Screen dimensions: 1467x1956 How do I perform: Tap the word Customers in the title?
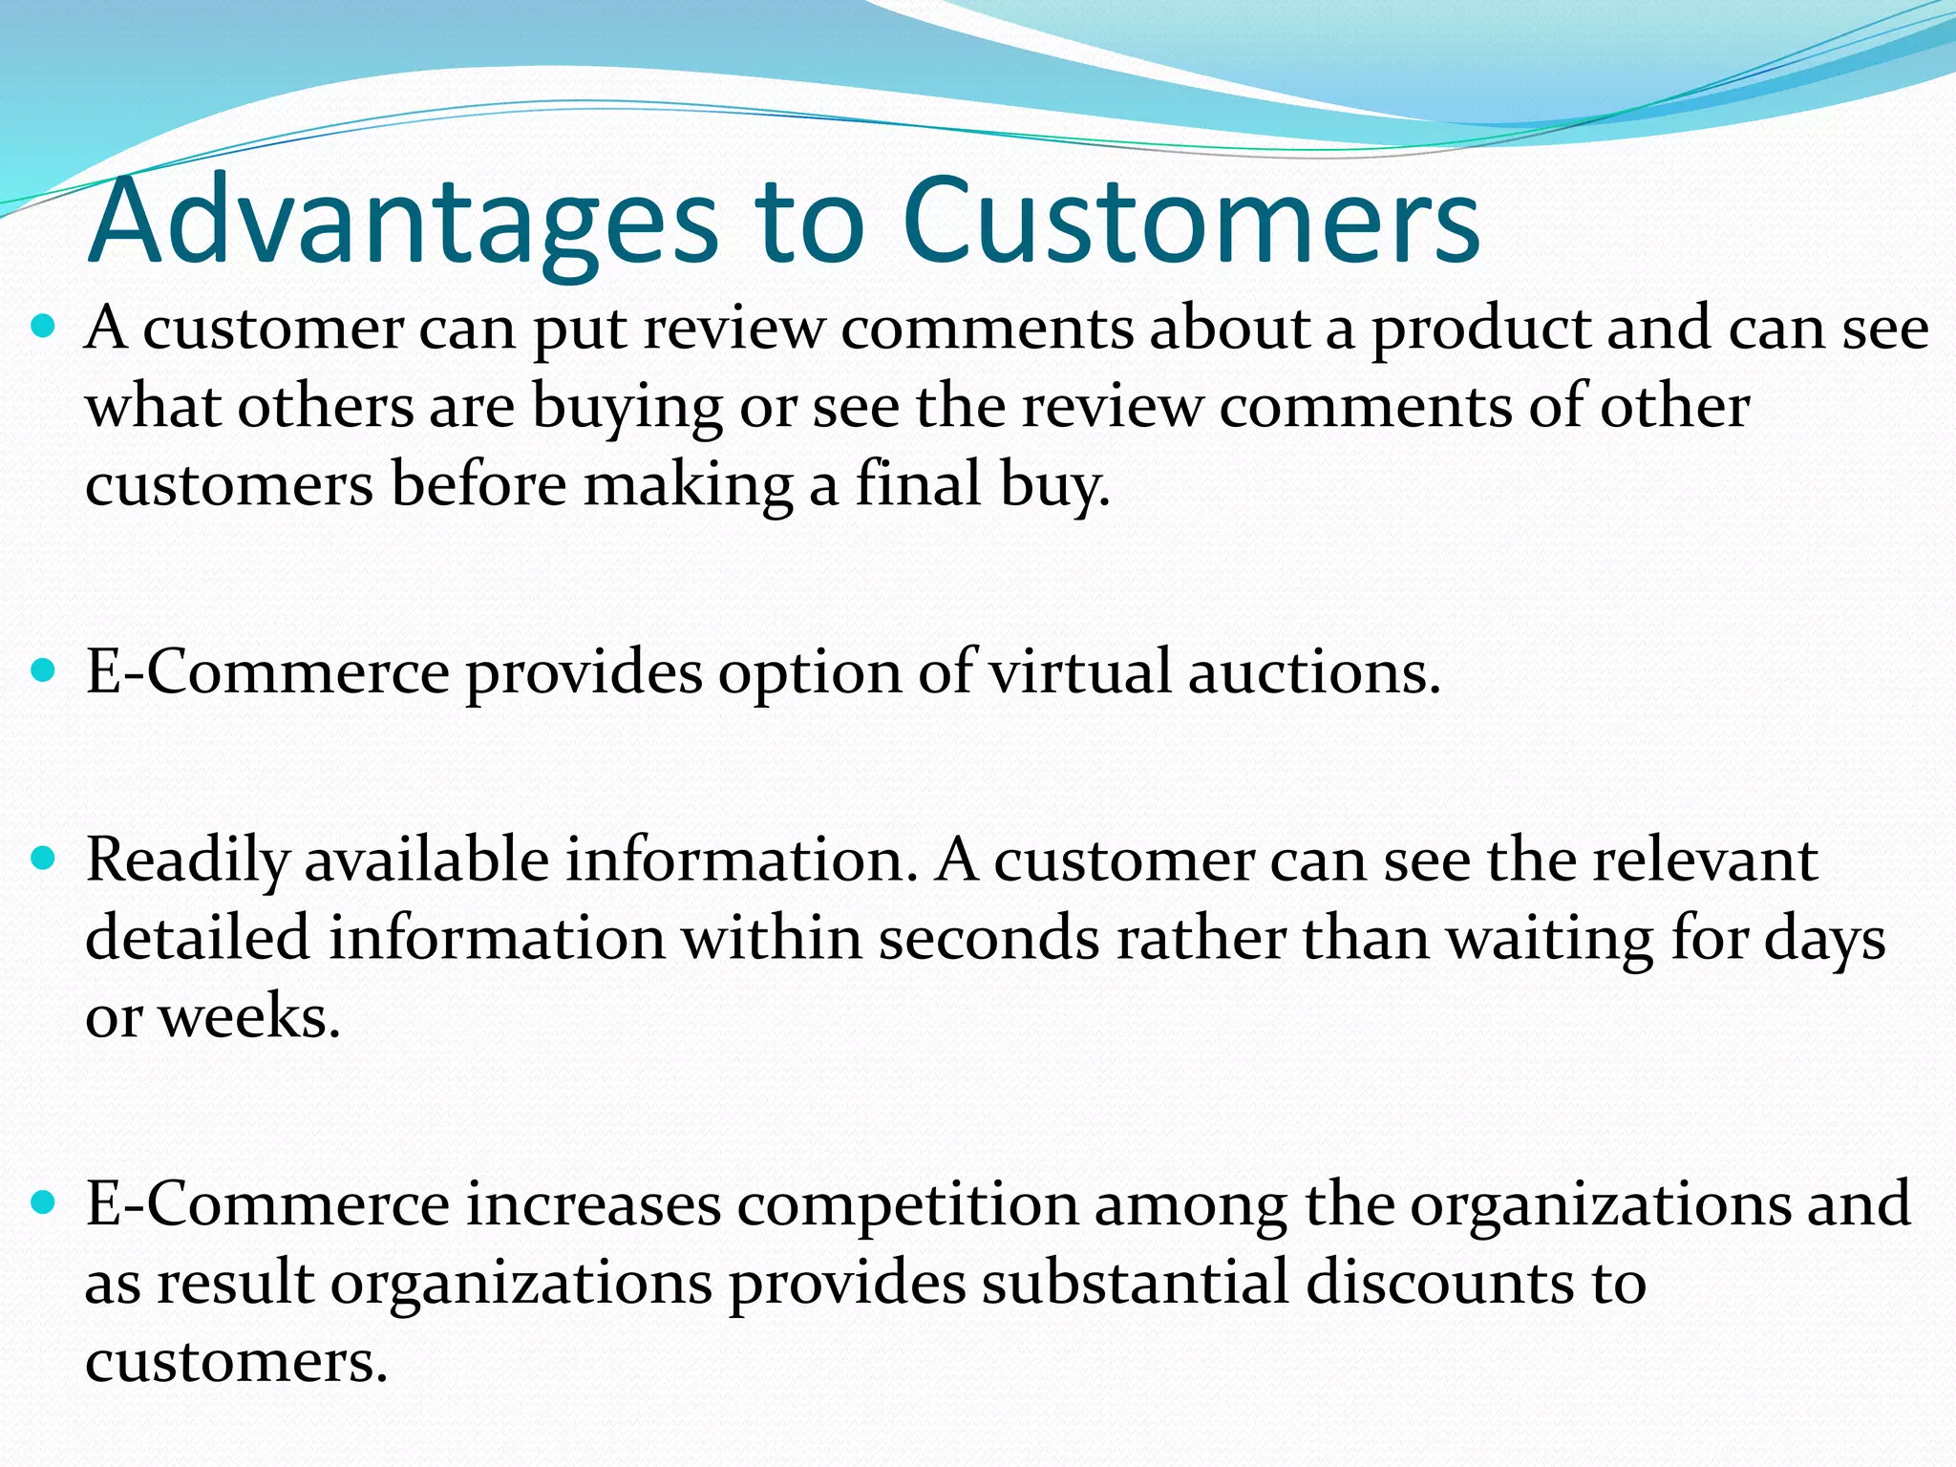(x=1190, y=222)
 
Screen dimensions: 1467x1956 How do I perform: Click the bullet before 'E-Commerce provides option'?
(x=44, y=671)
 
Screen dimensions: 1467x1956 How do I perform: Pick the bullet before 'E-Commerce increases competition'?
(x=44, y=1202)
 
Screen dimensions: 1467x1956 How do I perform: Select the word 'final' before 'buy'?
(x=918, y=484)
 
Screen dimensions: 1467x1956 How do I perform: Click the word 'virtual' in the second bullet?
(x=1079, y=672)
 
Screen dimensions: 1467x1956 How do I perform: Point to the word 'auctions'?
(x=1313, y=672)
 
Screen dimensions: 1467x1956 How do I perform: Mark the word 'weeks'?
(x=248, y=1016)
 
